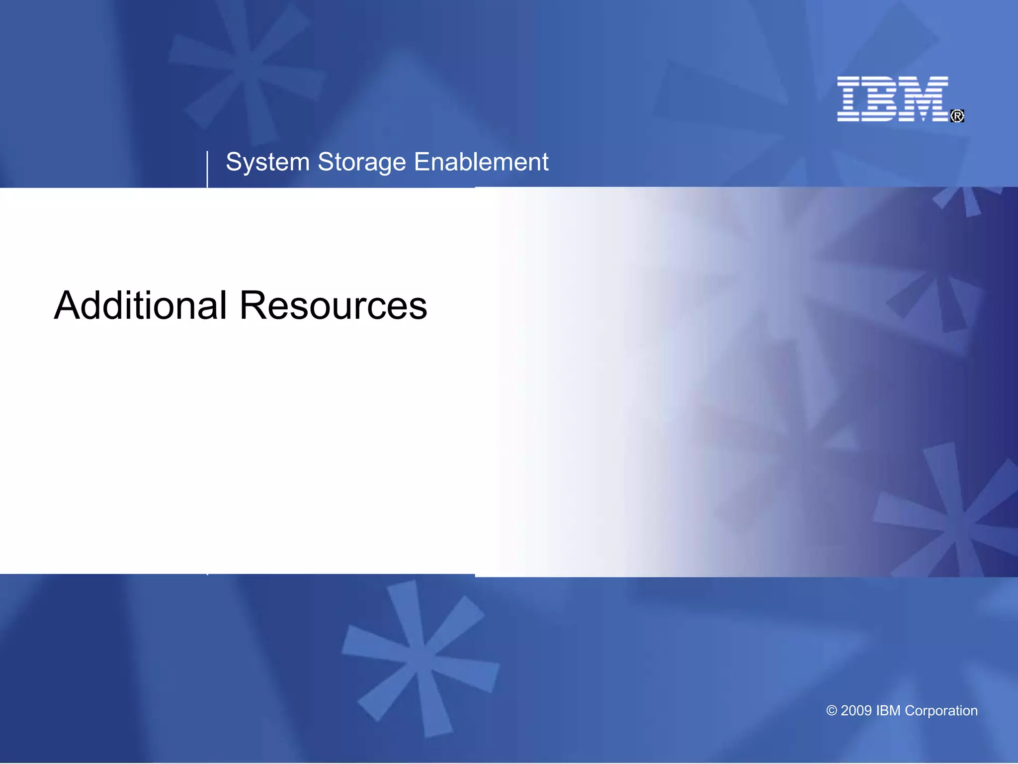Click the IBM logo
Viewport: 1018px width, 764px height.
pos(893,98)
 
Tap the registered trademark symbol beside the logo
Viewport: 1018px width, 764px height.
pos(957,116)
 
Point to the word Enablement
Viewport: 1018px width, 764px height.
pos(481,162)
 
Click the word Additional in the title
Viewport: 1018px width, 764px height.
pos(141,305)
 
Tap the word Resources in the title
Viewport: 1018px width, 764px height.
pos(333,305)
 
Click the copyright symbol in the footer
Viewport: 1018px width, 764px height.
pos(831,711)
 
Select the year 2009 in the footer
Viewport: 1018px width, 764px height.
pos(856,711)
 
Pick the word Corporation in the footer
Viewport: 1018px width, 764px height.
pos(941,711)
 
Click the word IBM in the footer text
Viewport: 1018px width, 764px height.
pos(888,711)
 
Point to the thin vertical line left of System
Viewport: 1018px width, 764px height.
pos(207,169)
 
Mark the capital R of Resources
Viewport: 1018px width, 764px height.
pos(253,305)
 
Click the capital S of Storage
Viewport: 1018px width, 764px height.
pos(326,162)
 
